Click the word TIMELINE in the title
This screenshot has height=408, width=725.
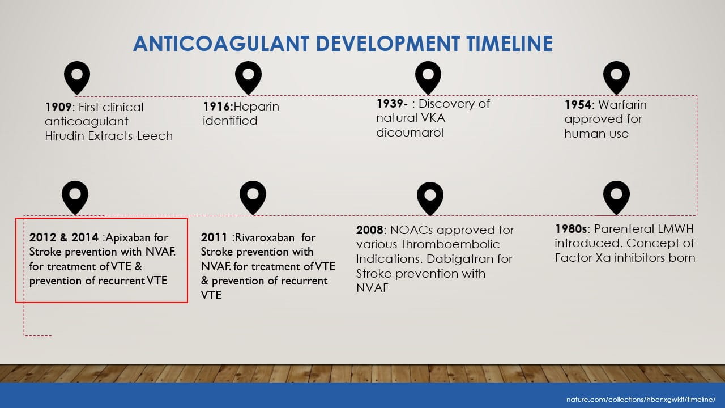[x=509, y=44]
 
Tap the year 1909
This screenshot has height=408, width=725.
[x=58, y=107]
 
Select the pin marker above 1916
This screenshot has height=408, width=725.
[x=248, y=78]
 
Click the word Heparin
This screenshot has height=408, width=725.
[x=256, y=107]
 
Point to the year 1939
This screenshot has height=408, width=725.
[x=390, y=104]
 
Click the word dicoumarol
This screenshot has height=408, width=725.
[x=410, y=133]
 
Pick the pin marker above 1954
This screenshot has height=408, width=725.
[x=616, y=78]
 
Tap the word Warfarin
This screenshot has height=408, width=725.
[x=622, y=105]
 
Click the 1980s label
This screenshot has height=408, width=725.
[x=571, y=229]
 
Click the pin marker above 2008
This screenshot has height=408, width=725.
[x=430, y=198]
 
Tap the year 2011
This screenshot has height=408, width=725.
[x=214, y=237]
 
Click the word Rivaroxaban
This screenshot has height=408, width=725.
[x=264, y=237]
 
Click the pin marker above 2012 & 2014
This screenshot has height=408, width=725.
[x=75, y=198]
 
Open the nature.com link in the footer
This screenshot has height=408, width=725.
[x=641, y=399]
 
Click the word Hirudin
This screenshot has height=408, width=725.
[x=65, y=136]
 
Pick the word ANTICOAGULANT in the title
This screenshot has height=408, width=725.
[x=221, y=44]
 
